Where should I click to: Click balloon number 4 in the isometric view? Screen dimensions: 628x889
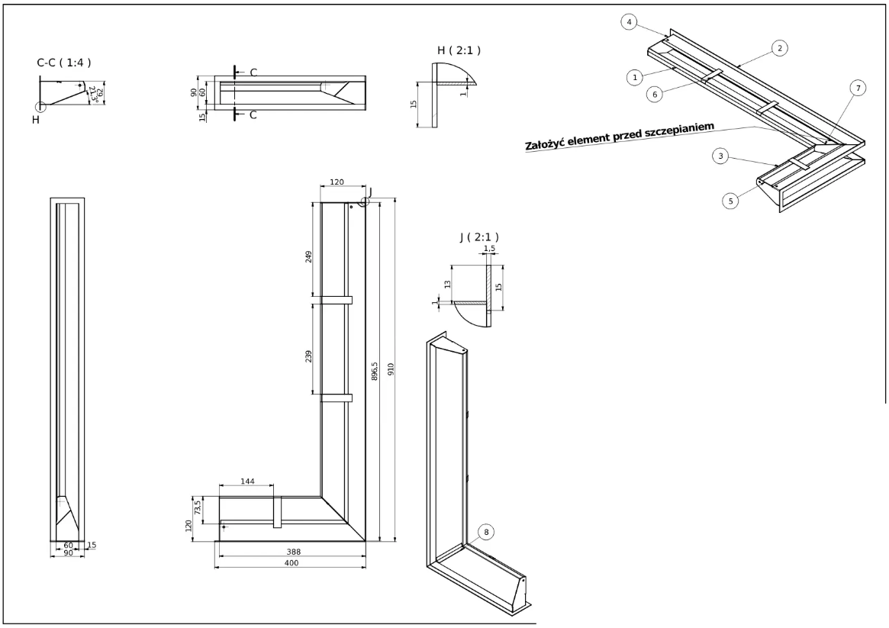[629, 23]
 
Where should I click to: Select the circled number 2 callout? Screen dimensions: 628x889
[779, 48]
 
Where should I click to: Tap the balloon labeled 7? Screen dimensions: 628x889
[858, 89]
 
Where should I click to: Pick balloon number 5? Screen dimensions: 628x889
[731, 201]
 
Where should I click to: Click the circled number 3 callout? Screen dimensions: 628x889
[720, 156]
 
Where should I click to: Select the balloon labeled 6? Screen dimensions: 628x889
[655, 93]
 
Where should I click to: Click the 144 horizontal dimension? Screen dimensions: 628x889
[246, 481]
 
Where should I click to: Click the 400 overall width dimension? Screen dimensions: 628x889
[291, 563]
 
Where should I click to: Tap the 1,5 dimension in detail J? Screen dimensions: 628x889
[489, 249]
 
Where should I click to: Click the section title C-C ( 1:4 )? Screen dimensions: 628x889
[64, 63]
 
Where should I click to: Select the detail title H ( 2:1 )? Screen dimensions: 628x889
[459, 50]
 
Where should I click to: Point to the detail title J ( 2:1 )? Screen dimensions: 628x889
[479, 237]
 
